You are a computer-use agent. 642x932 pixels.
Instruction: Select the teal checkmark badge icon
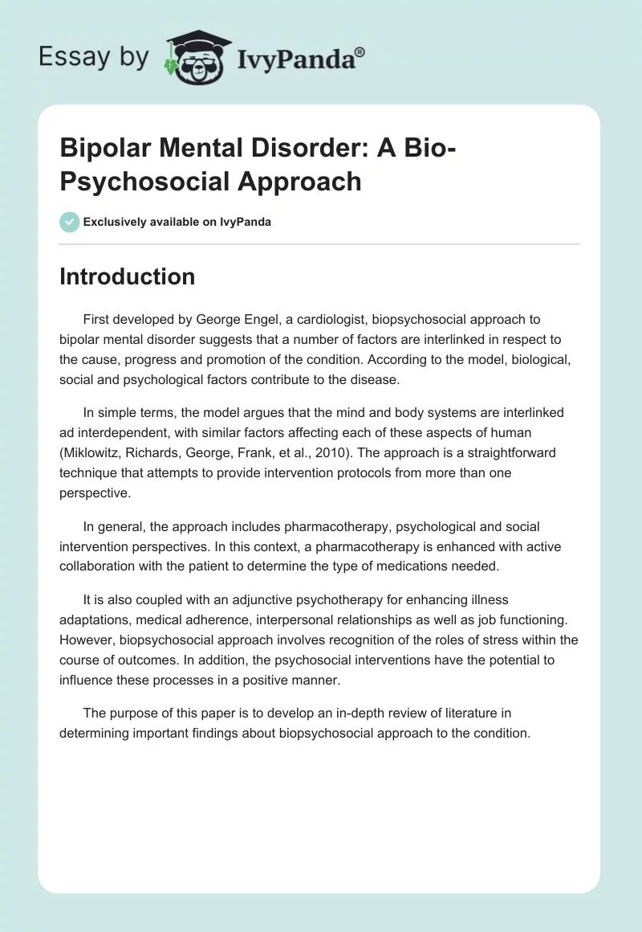(70, 222)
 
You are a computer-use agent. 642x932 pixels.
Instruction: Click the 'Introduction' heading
(128, 276)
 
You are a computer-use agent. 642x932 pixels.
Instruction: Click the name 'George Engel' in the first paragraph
(249, 320)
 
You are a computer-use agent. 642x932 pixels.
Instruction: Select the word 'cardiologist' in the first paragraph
(331, 320)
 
